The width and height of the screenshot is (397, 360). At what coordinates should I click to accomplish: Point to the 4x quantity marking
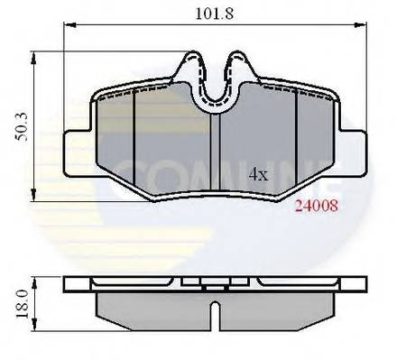click(x=259, y=173)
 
